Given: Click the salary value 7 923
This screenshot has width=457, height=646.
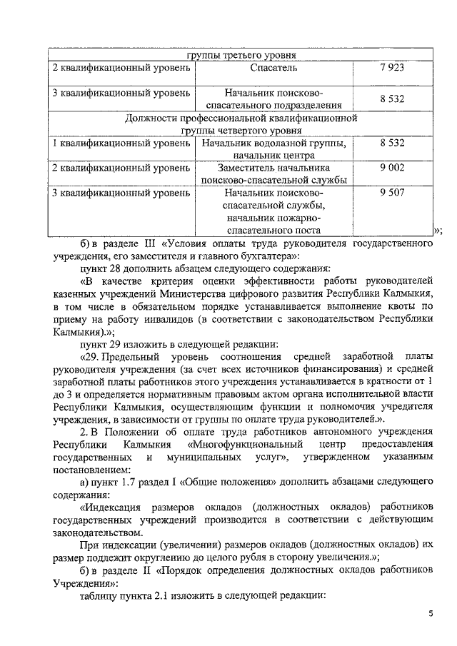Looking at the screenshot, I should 392,69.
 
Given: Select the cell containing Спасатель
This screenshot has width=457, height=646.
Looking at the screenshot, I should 274,69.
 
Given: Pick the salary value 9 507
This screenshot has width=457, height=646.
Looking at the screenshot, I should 392,193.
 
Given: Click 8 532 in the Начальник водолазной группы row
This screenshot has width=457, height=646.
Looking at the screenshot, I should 392,143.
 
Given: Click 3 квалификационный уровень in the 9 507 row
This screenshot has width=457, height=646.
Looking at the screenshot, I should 121,193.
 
